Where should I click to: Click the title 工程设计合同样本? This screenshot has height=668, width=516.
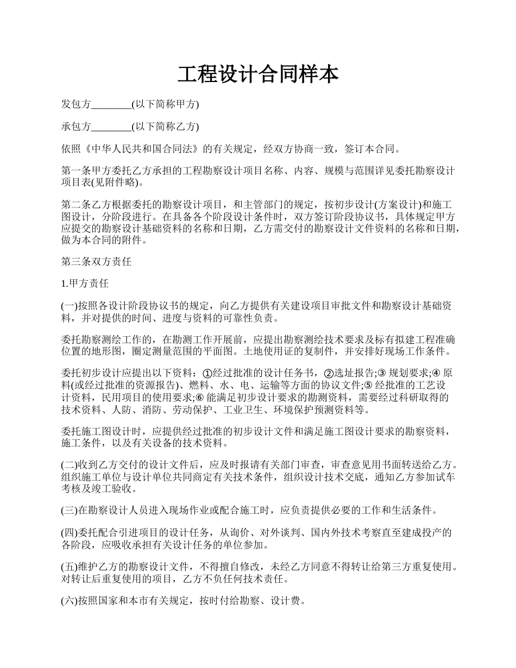point(258,74)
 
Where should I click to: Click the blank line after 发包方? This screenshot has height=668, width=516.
point(111,104)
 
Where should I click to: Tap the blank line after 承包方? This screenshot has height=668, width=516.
point(111,127)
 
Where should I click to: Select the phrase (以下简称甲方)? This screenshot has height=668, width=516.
point(165,104)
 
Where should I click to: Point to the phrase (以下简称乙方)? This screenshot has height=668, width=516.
point(165,127)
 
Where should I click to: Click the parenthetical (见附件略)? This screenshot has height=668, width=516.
point(117,181)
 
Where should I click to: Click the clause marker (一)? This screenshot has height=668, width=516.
point(70,306)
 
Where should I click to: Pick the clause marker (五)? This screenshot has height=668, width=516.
point(70,567)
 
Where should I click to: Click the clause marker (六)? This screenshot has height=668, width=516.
point(70,601)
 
